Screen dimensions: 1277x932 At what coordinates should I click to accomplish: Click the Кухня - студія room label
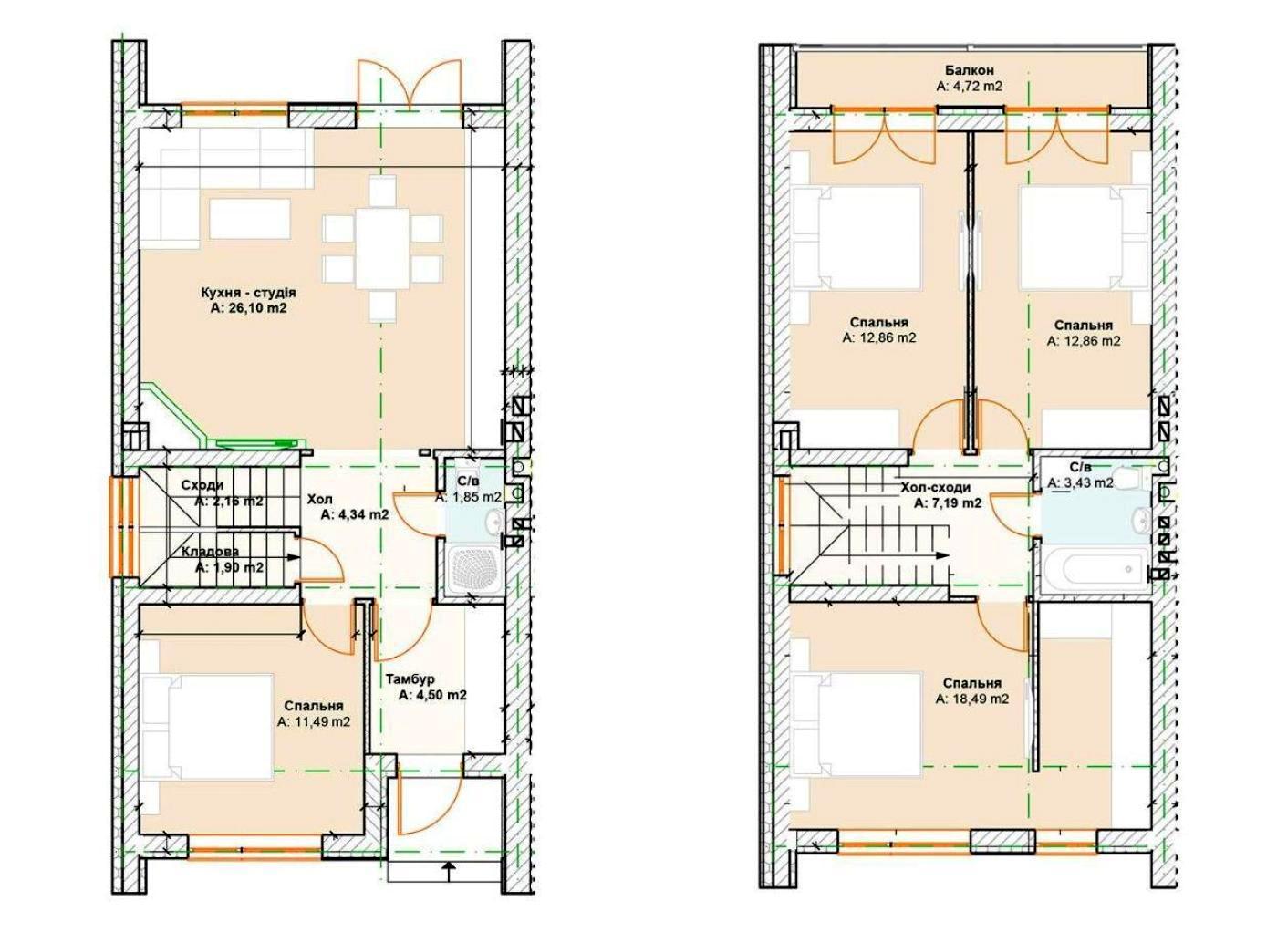(248, 293)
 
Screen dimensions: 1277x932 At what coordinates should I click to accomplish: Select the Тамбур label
(410, 679)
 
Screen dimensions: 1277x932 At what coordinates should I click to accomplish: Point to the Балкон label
(969, 70)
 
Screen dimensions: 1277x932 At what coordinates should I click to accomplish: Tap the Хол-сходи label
(936, 487)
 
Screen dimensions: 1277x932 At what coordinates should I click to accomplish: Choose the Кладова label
(211, 552)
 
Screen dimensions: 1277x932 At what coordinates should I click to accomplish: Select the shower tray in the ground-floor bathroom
(475, 571)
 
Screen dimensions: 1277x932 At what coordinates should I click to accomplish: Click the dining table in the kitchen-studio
(382, 249)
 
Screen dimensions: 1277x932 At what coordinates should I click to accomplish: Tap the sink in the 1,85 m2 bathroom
(493, 519)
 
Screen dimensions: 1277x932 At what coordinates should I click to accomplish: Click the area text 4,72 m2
(969, 87)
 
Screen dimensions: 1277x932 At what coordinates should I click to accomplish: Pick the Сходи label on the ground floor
(202, 485)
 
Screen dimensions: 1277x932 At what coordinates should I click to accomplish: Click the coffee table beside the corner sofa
(249, 218)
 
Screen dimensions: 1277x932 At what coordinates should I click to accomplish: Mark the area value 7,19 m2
(948, 503)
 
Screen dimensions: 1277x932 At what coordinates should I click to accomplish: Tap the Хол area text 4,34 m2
(354, 514)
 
